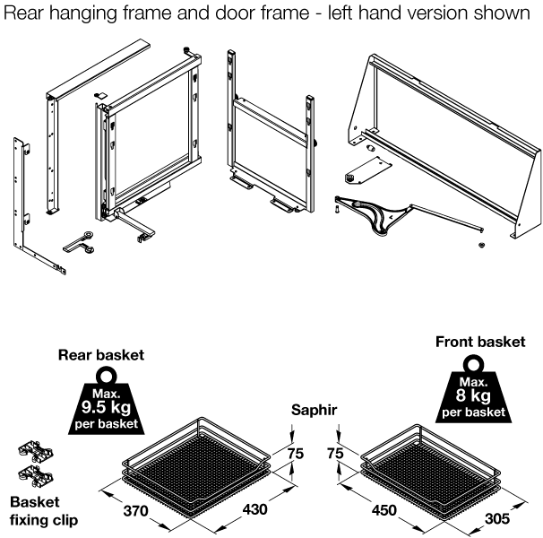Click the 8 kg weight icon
click(473, 392)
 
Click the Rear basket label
click(101, 355)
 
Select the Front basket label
click(479, 342)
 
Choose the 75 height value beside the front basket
click(333, 455)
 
